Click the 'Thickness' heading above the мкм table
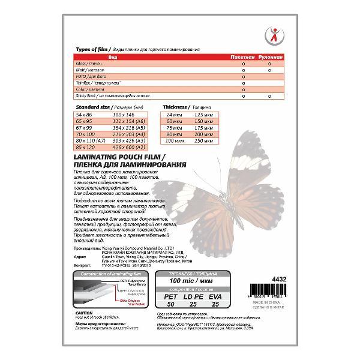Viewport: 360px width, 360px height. tap(176, 106)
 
